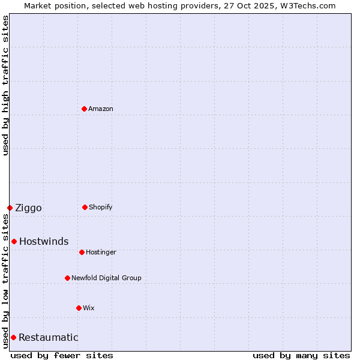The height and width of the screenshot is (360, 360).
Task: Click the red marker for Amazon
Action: (84, 109)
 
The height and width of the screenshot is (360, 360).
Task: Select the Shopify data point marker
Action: (85, 207)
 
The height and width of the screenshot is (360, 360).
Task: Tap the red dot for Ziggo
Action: (10, 208)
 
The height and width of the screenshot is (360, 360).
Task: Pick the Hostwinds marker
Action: (14, 241)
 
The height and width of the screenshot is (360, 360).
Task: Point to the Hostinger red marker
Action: (82, 252)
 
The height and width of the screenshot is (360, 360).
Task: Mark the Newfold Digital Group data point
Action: (67, 278)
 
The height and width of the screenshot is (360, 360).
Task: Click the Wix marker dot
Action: (79, 308)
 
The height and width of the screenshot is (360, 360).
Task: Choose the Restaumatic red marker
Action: (13, 337)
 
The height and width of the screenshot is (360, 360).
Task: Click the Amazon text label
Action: (101, 109)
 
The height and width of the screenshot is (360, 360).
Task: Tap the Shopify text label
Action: (100, 207)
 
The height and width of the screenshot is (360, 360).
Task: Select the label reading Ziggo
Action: (28, 208)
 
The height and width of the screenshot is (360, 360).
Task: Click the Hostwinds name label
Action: (44, 242)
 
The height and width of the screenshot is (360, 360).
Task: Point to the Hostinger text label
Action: (101, 252)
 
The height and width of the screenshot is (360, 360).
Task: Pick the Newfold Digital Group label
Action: (106, 278)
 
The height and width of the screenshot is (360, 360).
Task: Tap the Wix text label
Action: (89, 308)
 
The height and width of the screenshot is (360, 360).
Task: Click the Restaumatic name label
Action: (48, 338)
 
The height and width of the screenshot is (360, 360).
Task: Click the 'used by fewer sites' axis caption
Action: (62, 355)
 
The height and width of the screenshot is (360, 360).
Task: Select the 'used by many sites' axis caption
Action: (301, 355)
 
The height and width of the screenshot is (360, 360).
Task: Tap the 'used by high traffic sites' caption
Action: (5, 85)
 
